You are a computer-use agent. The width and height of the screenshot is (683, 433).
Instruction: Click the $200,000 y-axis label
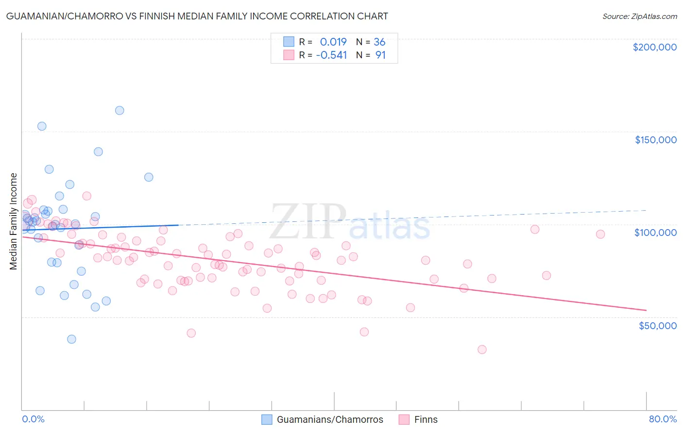654,47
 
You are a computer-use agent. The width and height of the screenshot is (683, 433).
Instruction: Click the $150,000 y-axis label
655,140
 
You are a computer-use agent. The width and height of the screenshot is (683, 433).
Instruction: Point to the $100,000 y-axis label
655,233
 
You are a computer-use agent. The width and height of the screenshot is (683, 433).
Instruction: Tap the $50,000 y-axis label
657,325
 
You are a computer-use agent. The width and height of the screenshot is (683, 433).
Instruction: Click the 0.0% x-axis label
33,419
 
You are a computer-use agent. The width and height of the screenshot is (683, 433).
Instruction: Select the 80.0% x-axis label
663,419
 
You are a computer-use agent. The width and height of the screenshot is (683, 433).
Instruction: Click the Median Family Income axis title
13,221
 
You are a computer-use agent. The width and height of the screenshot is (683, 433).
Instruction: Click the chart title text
197,16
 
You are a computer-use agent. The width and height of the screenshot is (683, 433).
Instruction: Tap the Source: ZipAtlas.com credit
639,17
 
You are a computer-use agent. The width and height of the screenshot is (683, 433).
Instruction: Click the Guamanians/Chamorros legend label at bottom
330,419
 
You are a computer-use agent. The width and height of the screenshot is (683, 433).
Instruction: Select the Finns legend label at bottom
426,419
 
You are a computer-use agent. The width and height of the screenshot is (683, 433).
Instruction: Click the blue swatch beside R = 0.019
289,42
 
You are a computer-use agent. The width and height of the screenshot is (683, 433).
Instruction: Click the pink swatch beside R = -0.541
289,55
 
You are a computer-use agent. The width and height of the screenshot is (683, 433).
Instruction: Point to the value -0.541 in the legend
331,55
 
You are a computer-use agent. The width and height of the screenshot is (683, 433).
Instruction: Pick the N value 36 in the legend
379,42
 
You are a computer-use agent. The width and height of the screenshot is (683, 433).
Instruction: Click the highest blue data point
120,110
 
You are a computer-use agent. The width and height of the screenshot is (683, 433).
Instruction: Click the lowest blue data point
71,339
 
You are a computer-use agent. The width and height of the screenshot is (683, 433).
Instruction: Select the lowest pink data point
482,349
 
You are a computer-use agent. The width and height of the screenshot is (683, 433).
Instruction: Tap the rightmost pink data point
600,234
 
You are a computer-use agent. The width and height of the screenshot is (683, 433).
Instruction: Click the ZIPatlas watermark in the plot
350,223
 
